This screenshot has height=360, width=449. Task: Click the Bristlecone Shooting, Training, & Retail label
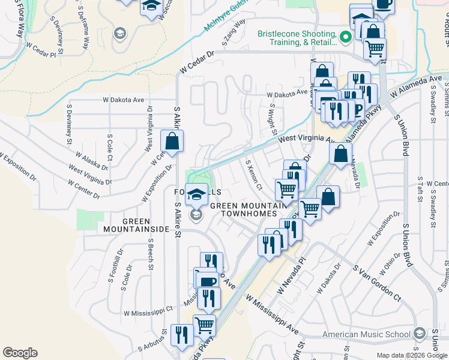pos(297,38)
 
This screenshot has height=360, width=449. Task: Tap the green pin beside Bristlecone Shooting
pos(345,37)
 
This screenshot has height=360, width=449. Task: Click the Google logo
pos(20,353)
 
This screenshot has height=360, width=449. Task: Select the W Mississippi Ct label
pos(148,312)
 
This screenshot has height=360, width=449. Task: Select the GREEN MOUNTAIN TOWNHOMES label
pos(243,209)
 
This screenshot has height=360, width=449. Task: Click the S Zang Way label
pos(234,33)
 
